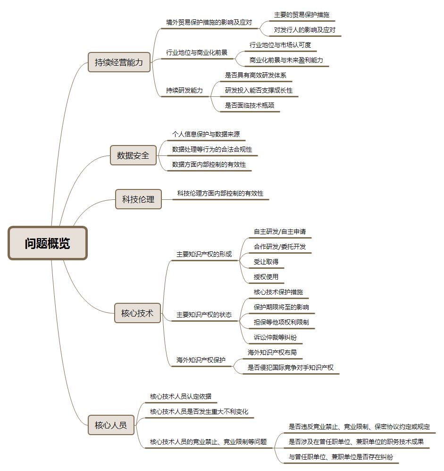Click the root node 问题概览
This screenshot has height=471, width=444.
[47, 243]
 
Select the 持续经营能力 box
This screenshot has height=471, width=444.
[119, 62]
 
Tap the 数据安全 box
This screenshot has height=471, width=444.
[133, 155]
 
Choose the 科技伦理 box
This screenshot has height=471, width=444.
[138, 199]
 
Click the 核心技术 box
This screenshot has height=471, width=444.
[137, 313]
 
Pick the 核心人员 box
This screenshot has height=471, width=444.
[111, 425]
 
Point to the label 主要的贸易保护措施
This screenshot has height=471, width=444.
[302, 15]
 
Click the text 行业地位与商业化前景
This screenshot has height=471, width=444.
[197, 52]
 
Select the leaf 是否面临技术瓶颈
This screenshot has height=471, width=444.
[250, 105]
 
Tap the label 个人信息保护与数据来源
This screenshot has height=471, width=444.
[206, 134]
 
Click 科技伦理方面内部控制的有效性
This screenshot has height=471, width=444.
[220, 193]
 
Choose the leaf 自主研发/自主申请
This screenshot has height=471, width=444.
[280, 231]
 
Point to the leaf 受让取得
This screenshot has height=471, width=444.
[266, 262]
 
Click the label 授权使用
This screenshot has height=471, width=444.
[266, 277]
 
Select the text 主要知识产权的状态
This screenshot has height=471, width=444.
[204, 315]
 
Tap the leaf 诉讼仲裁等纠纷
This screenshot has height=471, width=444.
[275, 337]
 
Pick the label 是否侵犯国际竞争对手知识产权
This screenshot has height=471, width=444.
[290, 368]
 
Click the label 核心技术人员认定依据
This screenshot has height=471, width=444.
[181, 396]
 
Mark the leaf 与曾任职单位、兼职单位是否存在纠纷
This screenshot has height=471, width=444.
[341, 457]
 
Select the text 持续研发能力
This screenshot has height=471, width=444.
[184, 90]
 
